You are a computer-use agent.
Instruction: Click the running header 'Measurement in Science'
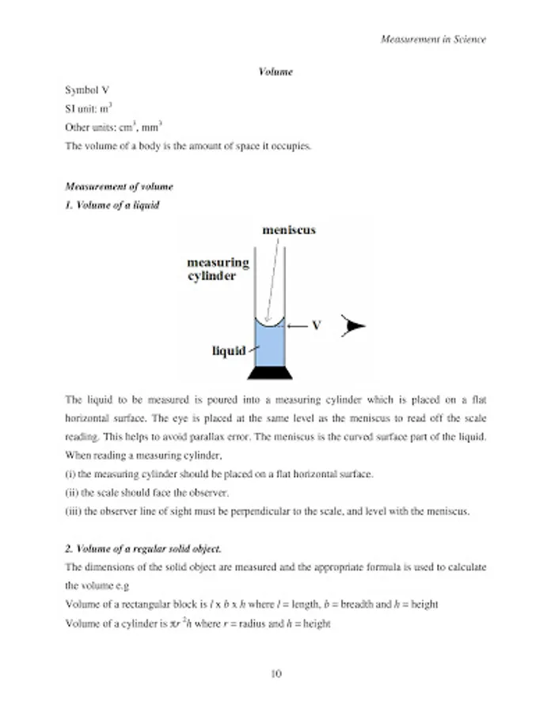(x=433, y=38)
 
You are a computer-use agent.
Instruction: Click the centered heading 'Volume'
(x=275, y=72)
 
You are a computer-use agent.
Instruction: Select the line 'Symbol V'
(x=87, y=90)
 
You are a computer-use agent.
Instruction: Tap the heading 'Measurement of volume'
(x=119, y=187)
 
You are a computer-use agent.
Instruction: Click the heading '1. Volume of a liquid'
(x=112, y=205)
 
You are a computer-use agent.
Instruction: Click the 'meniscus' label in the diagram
(x=289, y=230)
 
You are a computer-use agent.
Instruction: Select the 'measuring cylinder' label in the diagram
(x=218, y=269)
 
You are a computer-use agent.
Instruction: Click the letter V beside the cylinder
(x=316, y=325)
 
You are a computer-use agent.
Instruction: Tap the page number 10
(x=275, y=674)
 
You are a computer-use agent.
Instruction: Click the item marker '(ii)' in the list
(x=71, y=492)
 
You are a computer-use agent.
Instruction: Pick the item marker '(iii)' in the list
(x=73, y=511)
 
